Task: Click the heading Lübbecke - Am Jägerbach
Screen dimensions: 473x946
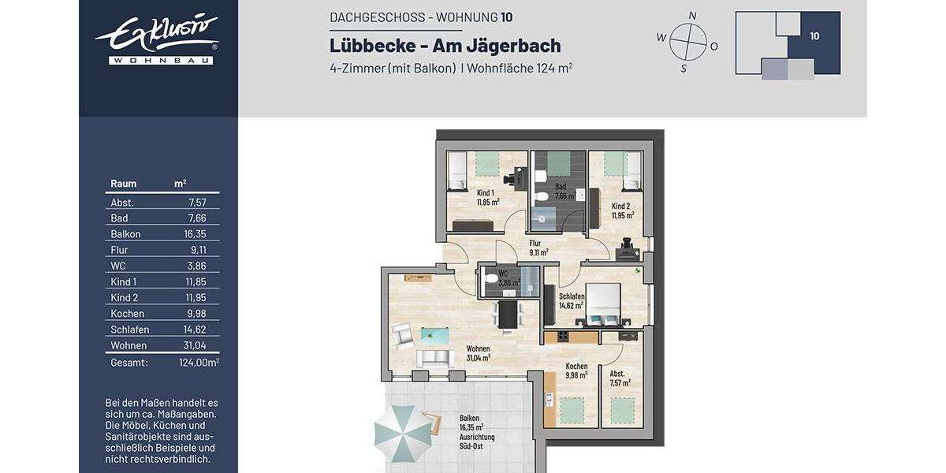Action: pyautogui.click(x=445, y=47)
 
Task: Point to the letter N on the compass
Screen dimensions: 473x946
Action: pyautogui.click(x=692, y=15)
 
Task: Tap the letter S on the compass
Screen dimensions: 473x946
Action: pyautogui.click(x=683, y=69)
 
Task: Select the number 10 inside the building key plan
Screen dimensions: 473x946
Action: pyautogui.click(x=814, y=35)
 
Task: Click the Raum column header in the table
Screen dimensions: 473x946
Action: pyautogui.click(x=124, y=184)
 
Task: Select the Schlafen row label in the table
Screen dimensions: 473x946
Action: pyautogui.click(x=130, y=330)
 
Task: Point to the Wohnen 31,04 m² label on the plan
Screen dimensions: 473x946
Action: pyautogui.click(x=478, y=352)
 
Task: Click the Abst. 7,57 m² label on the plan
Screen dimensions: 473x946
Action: pyautogui.click(x=620, y=378)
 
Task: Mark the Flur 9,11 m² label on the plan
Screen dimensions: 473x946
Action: pyautogui.click(x=539, y=248)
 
